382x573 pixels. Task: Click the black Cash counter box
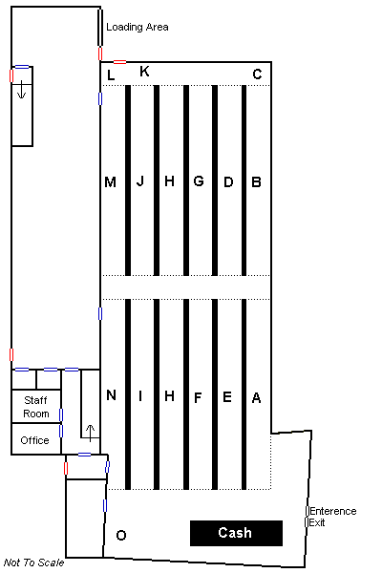pyautogui.click(x=236, y=533)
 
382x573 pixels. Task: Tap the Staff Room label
pyautogui.click(x=36, y=407)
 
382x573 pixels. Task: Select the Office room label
pyautogui.click(x=34, y=440)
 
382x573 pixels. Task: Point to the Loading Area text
pyautogui.click(x=138, y=27)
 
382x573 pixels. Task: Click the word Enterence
pyautogui.click(x=333, y=511)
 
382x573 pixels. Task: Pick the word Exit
pyautogui.click(x=317, y=522)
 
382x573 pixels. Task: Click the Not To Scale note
pyautogui.click(x=34, y=562)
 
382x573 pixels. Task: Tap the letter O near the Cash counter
pyautogui.click(x=121, y=536)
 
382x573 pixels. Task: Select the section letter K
pyautogui.click(x=145, y=71)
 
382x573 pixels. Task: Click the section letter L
pyautogui.click(x=111, y=75)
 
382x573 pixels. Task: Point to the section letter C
pyautogui.click(x=257, y=74)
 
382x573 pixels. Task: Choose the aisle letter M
pyautogui.click(x=111, y=182)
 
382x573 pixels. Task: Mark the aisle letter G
pyautogui.click(x=199, y=180)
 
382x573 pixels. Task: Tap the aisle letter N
pyautogui.click(x=111, y=395)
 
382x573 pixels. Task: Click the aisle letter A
pyautogui.click(x=256, y=397)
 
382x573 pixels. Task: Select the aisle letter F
pyautogui.click(x=198, y=397)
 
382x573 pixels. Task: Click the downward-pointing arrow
pyautogui.click(x=22, y=90)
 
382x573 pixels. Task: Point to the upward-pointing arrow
pyautogui.click(x=91, y=433)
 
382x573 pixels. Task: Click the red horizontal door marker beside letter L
pyautogui.click(x=119, y=62)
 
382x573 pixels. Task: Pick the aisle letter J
pyautogui.click(x=140, y=180)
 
